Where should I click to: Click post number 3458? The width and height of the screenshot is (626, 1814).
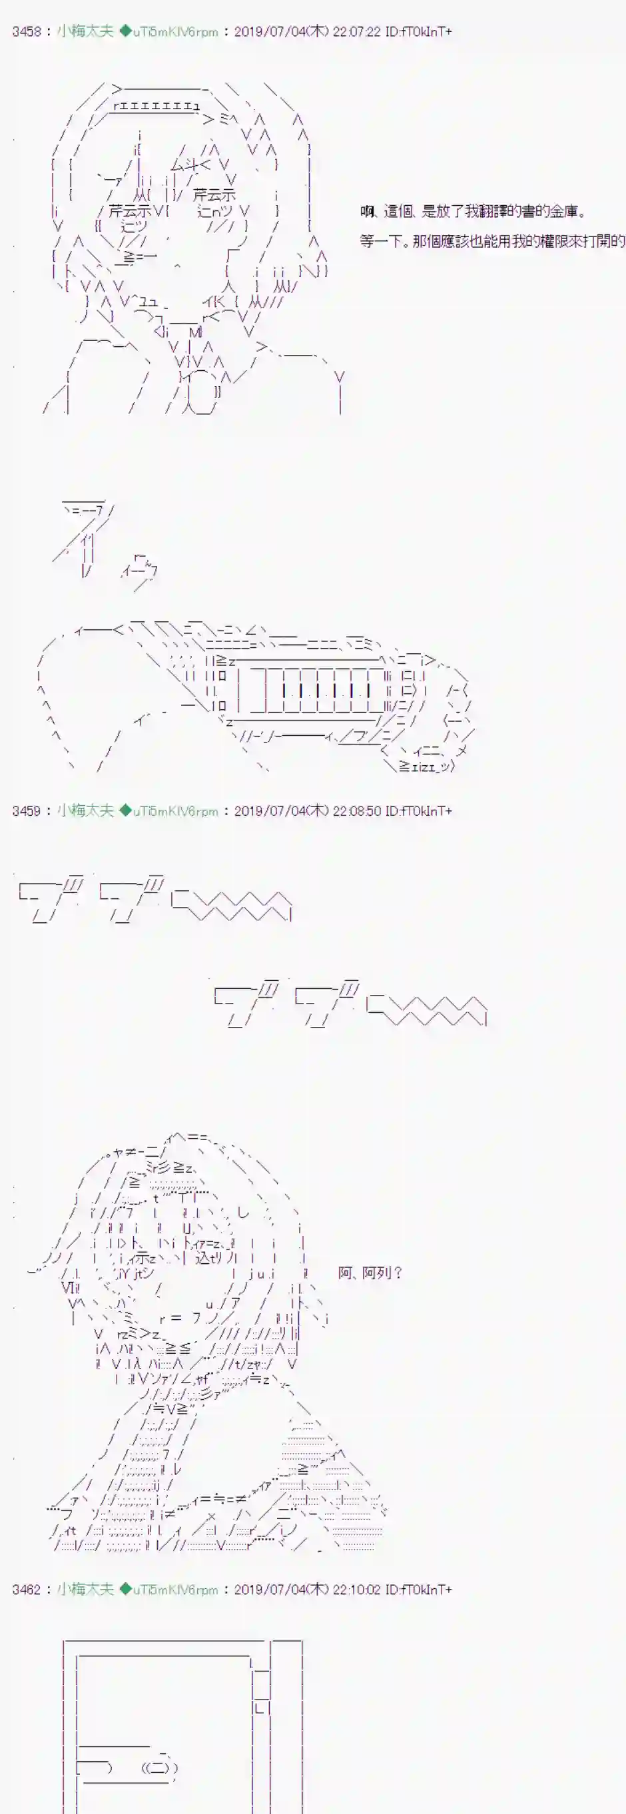click(26, 32)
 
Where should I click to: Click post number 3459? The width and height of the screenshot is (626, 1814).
click(26, 811)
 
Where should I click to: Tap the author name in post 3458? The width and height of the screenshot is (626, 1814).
click(85, 32)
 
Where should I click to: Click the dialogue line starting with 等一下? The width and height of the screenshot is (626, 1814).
click(492, 241)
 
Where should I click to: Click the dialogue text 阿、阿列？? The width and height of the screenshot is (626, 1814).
click(370, 1273)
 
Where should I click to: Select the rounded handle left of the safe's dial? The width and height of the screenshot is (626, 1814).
click(95, 1768)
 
